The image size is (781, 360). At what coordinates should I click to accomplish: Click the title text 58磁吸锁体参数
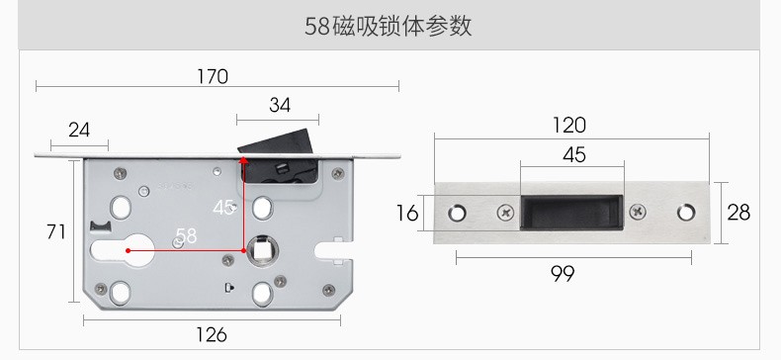click(x=388, y=26)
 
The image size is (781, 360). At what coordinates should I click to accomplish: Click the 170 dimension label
click(x=213, y=77)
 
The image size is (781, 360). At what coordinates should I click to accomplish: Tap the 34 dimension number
click(x=280, y=105)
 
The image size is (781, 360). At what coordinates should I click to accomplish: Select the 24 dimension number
click(x=79, y=131)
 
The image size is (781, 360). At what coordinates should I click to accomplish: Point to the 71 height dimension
click(x=55, y=231)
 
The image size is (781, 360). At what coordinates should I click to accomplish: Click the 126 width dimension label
click(x=212, y=334)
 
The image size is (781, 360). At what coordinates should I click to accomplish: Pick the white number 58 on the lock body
click(x=186, y=235)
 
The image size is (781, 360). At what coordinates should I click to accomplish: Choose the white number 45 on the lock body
click(x=223, y=208)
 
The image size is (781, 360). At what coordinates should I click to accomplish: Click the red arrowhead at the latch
click(x=243, y=160)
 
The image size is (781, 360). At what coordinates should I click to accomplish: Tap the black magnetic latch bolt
click(x=277, y=154)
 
